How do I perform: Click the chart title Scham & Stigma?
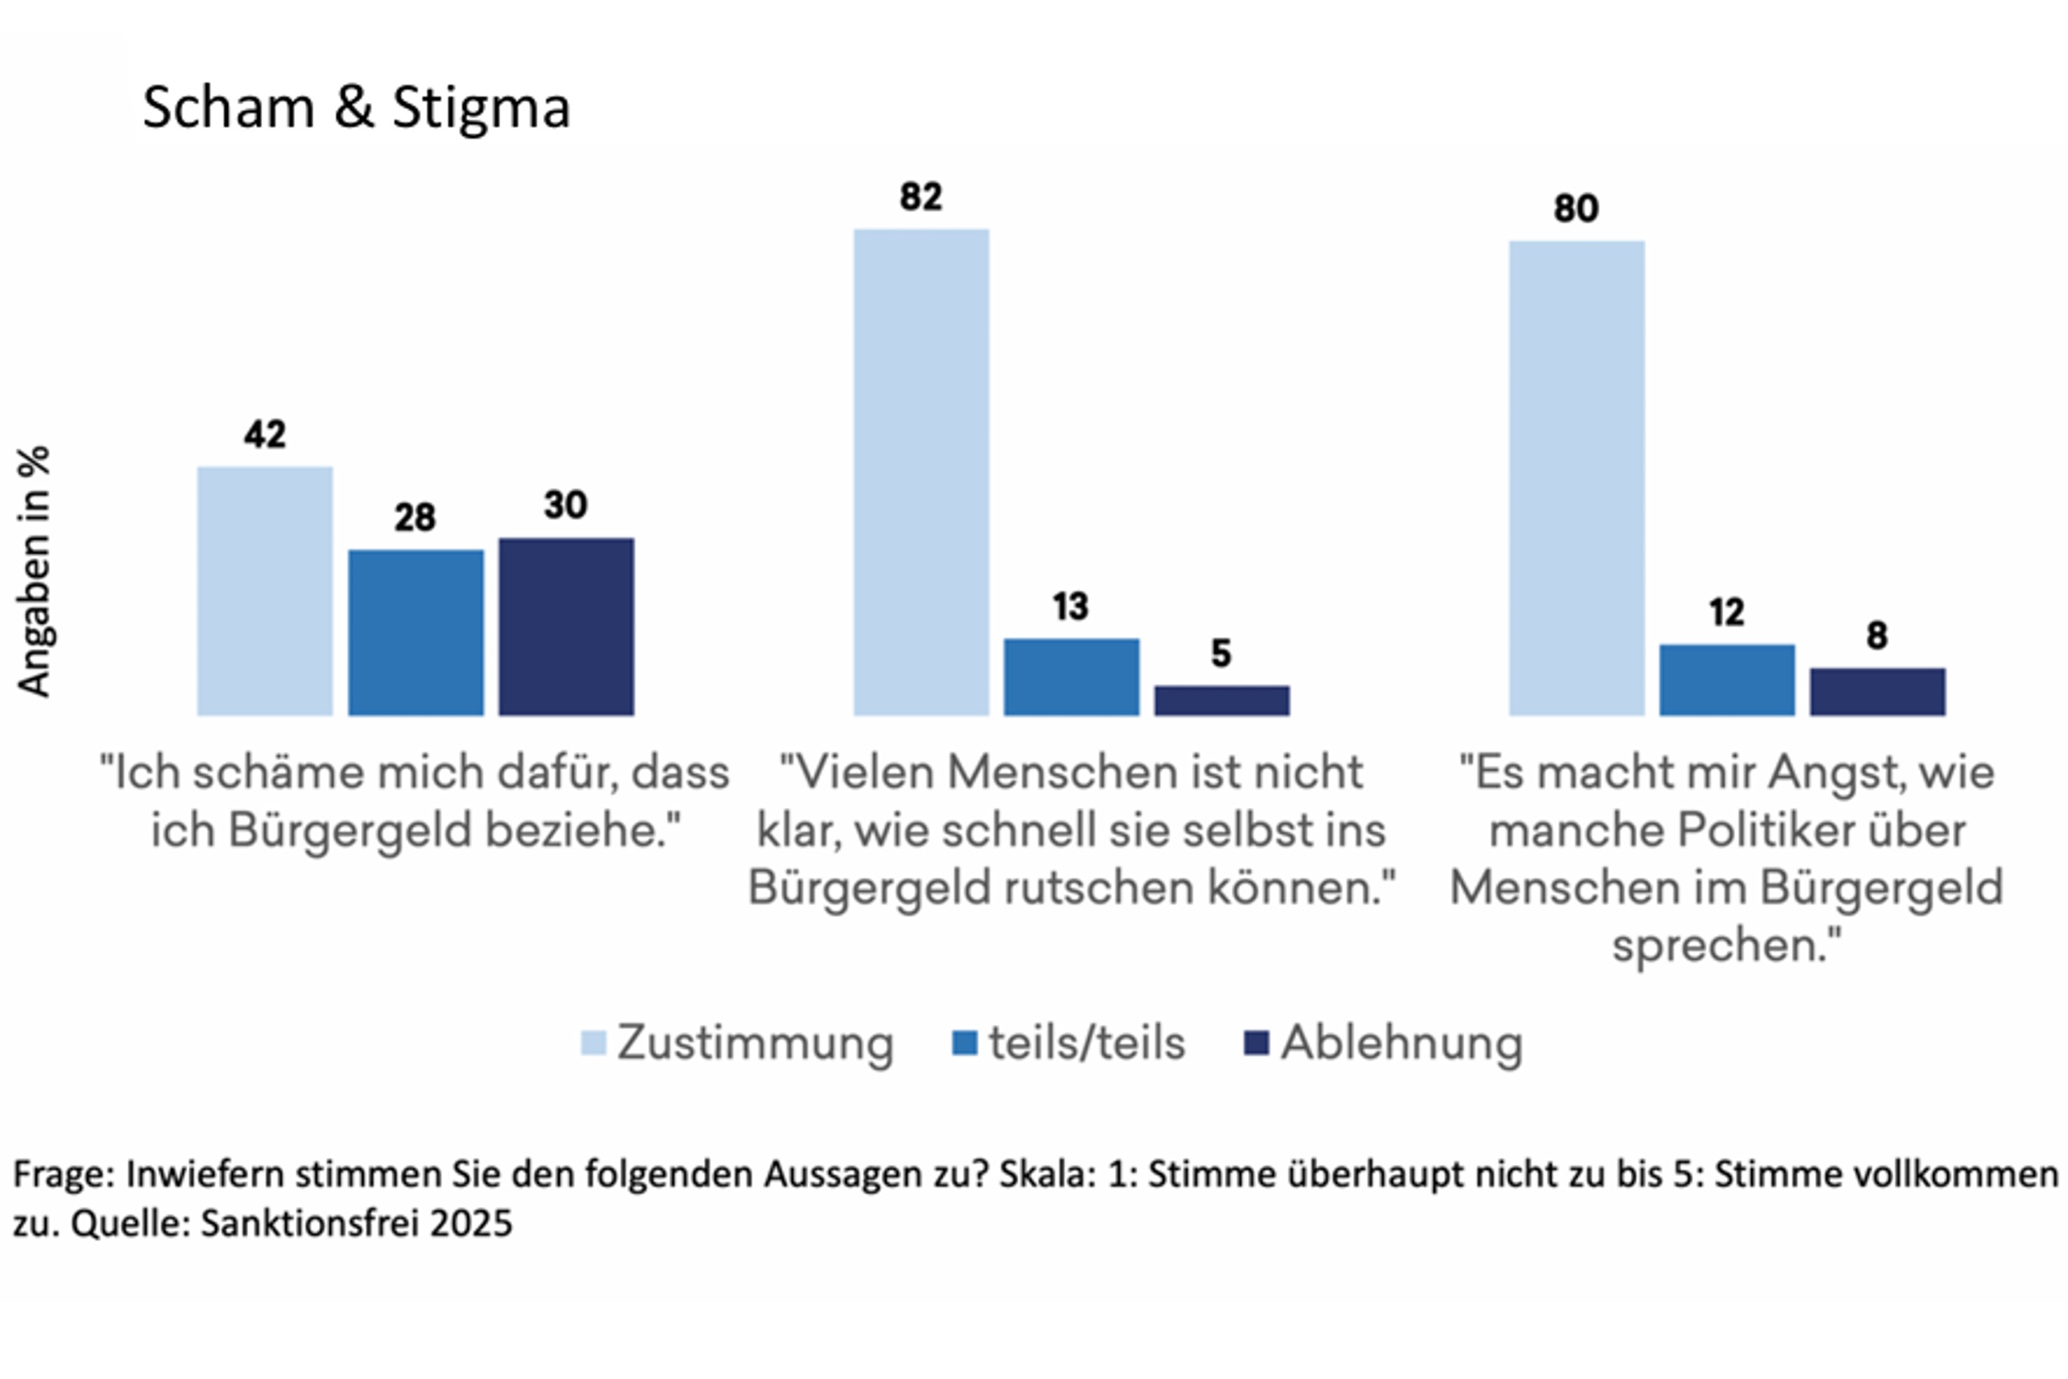[x=357, y=108]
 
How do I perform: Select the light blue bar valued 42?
[x=265, y=590]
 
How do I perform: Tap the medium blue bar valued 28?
[x=415, y=633]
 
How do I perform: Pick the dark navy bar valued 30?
[x=566, y=626]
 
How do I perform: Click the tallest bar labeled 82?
[x=921, y=472]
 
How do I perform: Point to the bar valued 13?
[x=1071, y=677]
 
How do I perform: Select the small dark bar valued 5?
[x=1221, y=701]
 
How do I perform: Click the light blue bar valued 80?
[x=1576, y=478]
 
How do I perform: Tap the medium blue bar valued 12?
[x=1726, y=679]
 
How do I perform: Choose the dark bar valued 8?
[x=1877, y=691]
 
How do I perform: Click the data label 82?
[x=921, y=197]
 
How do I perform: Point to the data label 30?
[x=565, y=505]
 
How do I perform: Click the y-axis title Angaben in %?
[x=34, y=571]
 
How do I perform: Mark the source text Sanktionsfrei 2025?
[x=357, y=1223]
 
